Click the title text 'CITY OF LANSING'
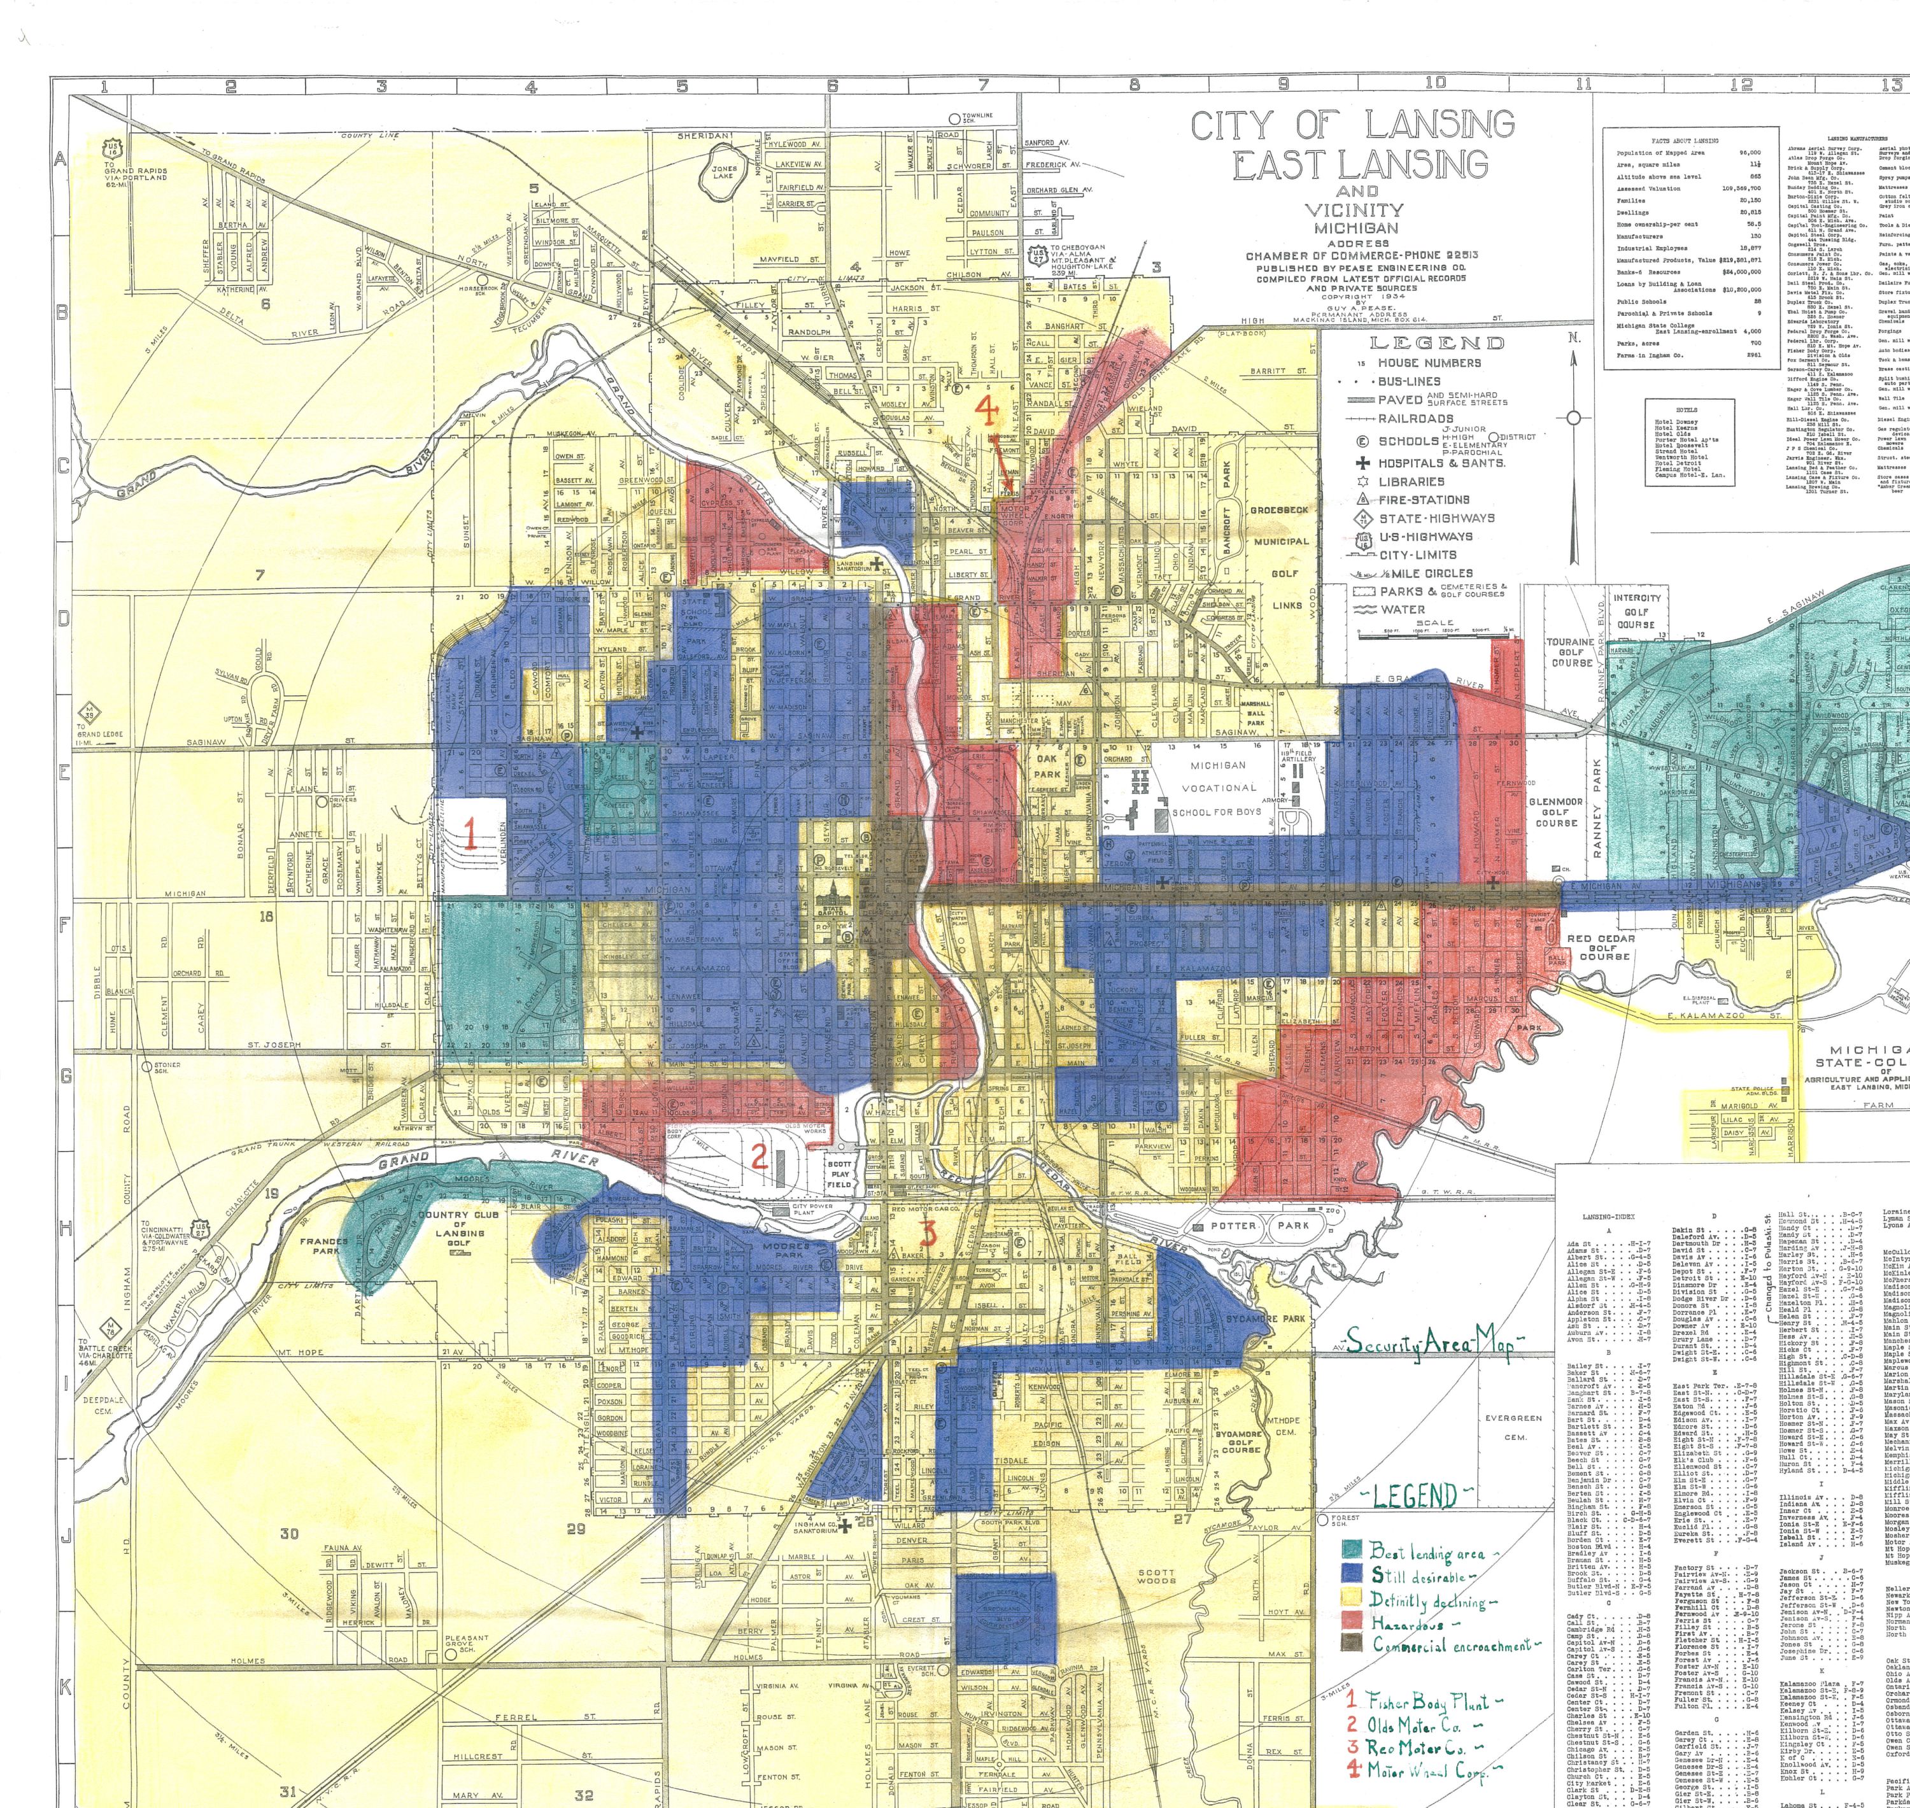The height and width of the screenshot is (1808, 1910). point(1352,125)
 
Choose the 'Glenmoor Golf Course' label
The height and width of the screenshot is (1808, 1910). point(1555,812)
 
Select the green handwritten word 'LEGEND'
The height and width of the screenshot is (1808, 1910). point(1413,1496)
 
